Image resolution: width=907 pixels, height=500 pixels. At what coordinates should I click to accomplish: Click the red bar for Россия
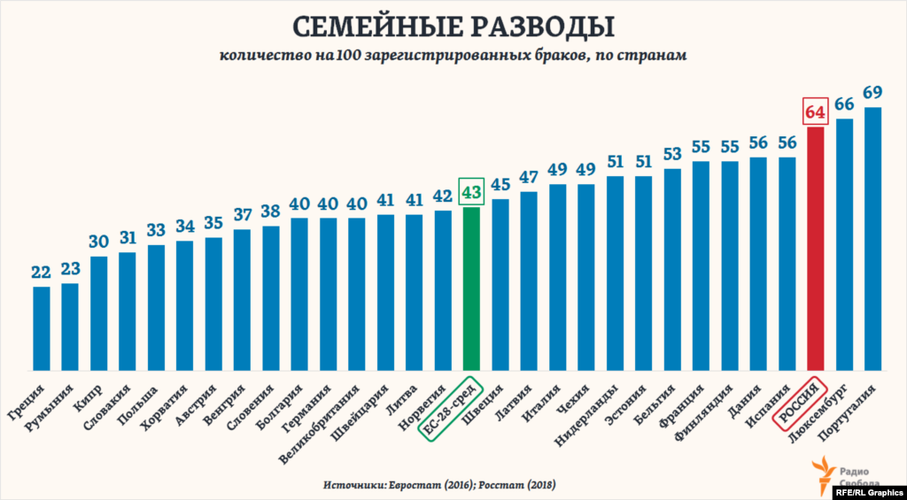click(x=816, y=249)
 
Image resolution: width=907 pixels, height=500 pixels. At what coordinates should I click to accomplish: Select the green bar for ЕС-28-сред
click(x=471, y=288)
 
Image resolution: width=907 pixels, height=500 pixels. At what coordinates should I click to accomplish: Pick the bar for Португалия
click(x=872, y=238)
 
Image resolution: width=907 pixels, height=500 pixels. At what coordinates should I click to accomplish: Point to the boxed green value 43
click(x=471, y=191)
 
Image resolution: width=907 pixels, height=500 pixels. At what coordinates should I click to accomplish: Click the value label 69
click(x=872, y=92)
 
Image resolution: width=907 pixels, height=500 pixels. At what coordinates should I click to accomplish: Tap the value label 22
click(x=41, y=272)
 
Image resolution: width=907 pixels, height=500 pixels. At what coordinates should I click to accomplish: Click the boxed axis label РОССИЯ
click(x=798, y=403)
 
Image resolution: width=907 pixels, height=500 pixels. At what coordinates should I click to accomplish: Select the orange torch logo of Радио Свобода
click(x=823, y=472)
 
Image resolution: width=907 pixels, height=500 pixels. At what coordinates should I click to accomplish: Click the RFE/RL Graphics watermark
click(x=869, y=491)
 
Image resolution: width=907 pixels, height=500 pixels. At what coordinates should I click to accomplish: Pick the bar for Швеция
click(x=500, y=284)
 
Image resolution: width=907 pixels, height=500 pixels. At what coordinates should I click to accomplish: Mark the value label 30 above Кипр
click(x=98, y=242)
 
